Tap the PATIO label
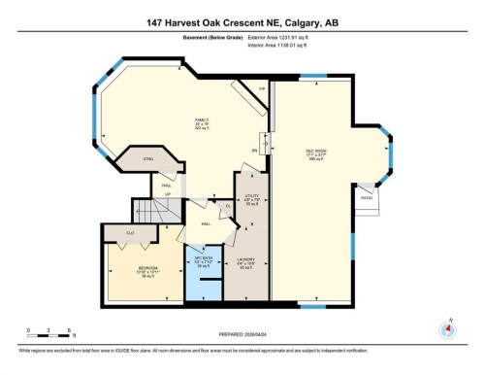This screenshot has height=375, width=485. (x=367, y=196)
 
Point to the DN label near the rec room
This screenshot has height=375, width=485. (x=254, y=151)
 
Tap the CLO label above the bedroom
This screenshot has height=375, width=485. (x=130, y=232)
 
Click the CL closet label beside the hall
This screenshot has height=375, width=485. (x=226, y=206)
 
